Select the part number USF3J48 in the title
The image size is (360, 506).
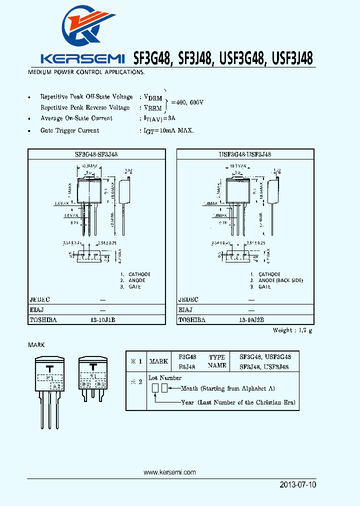tap(292, 59)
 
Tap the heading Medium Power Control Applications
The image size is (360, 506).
tap(86, 72)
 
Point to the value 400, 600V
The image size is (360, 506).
tap(187, 102)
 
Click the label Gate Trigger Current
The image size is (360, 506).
tap(69, 130)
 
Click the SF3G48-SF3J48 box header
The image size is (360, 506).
tap(96, 155)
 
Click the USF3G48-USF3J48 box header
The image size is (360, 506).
tap(245, 155)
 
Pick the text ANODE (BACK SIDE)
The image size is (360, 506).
tap(280, 280)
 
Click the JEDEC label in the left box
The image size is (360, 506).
tap(40, 299)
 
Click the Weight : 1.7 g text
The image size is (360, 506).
tap(292, 330)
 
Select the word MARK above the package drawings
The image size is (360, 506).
tap(36, 345)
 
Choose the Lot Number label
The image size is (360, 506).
tap(165, 378)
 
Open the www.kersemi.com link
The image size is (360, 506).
tap(169, 472)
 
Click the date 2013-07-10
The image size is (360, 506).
tap(297, 485)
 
